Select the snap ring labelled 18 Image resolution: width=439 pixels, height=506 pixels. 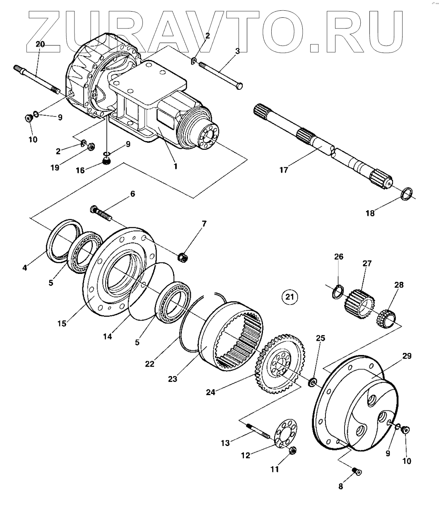[408, 193]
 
